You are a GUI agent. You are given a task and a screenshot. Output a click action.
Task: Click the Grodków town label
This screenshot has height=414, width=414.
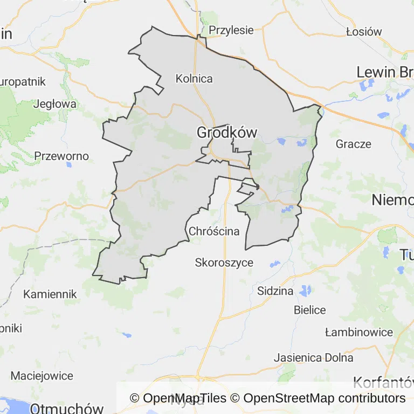[226, 132]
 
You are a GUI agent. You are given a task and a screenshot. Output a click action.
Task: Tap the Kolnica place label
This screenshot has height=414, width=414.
[194, 79]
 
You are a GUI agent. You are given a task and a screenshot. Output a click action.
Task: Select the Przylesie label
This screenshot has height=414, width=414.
[231, 30]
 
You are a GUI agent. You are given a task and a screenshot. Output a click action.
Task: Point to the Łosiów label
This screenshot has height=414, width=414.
[364, 31]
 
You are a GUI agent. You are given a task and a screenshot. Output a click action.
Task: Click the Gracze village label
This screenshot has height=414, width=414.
[354, 144]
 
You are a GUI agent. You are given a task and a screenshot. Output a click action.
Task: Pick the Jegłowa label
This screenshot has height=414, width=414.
[54, 103]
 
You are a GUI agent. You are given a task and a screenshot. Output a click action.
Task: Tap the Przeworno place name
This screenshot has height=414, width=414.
[61, 156]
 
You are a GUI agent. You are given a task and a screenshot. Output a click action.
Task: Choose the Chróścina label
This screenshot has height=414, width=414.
[214, 231]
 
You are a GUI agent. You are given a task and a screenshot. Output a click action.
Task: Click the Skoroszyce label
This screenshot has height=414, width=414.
[224, 263]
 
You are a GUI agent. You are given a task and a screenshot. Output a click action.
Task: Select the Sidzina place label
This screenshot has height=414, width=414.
[275, 291]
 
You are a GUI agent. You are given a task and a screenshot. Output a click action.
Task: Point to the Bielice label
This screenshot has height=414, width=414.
[310, 310]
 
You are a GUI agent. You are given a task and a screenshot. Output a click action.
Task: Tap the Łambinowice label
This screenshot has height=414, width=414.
[359, 332]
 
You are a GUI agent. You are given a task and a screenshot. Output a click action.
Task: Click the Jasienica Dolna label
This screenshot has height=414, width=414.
[314, 357]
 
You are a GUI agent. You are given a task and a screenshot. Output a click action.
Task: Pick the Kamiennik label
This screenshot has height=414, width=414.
[50, 294]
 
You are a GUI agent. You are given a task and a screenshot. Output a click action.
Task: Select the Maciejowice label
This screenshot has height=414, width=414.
[42, 375]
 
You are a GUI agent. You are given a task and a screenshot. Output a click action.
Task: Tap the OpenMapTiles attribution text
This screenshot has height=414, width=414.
[178, 398]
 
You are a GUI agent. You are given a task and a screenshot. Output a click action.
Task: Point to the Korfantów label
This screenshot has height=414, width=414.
[383, 383]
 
